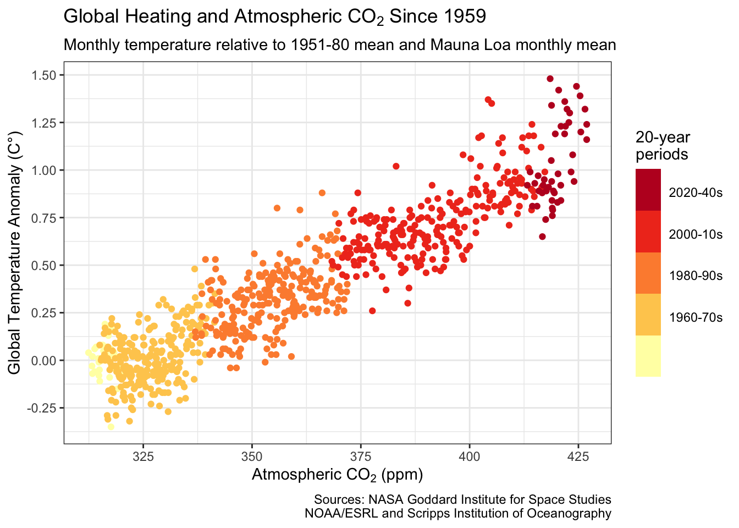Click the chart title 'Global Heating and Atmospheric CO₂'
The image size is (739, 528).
(x=275, y=16)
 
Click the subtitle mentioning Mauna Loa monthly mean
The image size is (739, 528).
(x=339, y=45)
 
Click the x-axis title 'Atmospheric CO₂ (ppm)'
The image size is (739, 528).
(x=337, y=475)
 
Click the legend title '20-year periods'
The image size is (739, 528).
(x=662, y=146)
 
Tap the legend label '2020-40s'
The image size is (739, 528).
(x=696, y=193)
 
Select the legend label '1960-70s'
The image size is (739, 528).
(x=696, y=317)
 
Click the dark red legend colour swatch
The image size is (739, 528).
(x=648, y=190)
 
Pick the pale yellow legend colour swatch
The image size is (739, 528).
(x=648, y=356)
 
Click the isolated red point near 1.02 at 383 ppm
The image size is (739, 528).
(x=396, y=166)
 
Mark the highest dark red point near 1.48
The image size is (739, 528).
(x=550, y=79)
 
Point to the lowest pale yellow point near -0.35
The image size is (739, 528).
(x=111, y=426)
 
